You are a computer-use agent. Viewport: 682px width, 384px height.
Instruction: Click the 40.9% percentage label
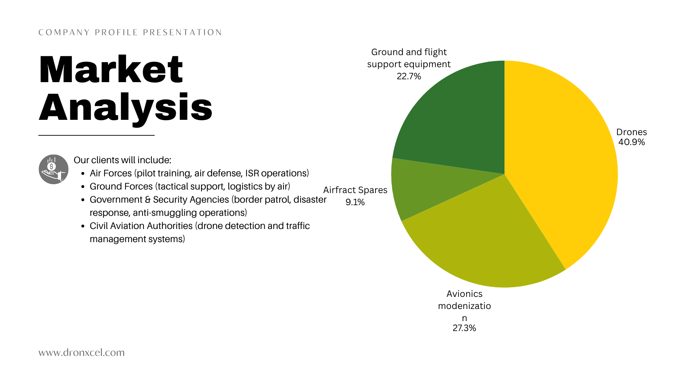pyautogui.click(x=632, y=142)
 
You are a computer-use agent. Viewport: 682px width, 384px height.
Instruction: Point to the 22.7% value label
pyautogui.click(x=409, y=76)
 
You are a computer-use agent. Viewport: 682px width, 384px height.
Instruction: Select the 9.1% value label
pyautogui.click(x=355, y=202)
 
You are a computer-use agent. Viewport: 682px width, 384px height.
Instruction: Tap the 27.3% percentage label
pyautogui.click(x=464, y=328)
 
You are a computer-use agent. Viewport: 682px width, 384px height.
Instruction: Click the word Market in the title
pyautogui.click(x=111, y=70)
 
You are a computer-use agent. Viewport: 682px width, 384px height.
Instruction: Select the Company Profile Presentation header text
pyautogui.click(x=130, y=33)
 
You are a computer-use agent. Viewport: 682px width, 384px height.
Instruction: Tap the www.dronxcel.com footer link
pyautogui.click(x=82, y=353)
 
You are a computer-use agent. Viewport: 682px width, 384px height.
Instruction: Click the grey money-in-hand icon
pyautogui.click(x=54, y=169)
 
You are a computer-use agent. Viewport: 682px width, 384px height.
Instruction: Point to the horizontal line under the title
pyautogui.click(x=96, y=135)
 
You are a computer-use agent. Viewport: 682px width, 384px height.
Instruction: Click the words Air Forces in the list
pyautogui.click(x=111, y=173)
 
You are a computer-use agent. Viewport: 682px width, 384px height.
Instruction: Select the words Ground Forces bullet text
pyautogui.click(x=121, y=186)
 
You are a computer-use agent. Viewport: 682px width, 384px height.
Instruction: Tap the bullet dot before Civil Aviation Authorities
pyautogui.click(x=83, y=226)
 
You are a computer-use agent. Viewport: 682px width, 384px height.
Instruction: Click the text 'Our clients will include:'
pyautogui.click(x=123, y=160)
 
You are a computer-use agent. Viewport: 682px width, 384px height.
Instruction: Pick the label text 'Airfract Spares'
pyautogui.click(x=355, y=190)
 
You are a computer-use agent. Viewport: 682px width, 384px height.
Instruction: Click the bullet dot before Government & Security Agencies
pyautogui.click(x=83, y=200)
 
